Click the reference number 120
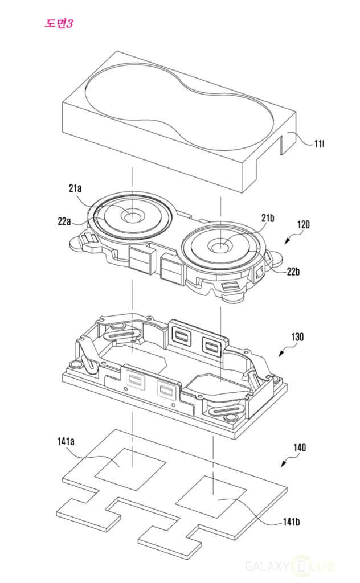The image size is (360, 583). pos(303,225)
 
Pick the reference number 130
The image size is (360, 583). pos(297,337)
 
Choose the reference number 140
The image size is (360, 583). pos(298,447)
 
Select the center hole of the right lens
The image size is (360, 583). pos(220,246)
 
